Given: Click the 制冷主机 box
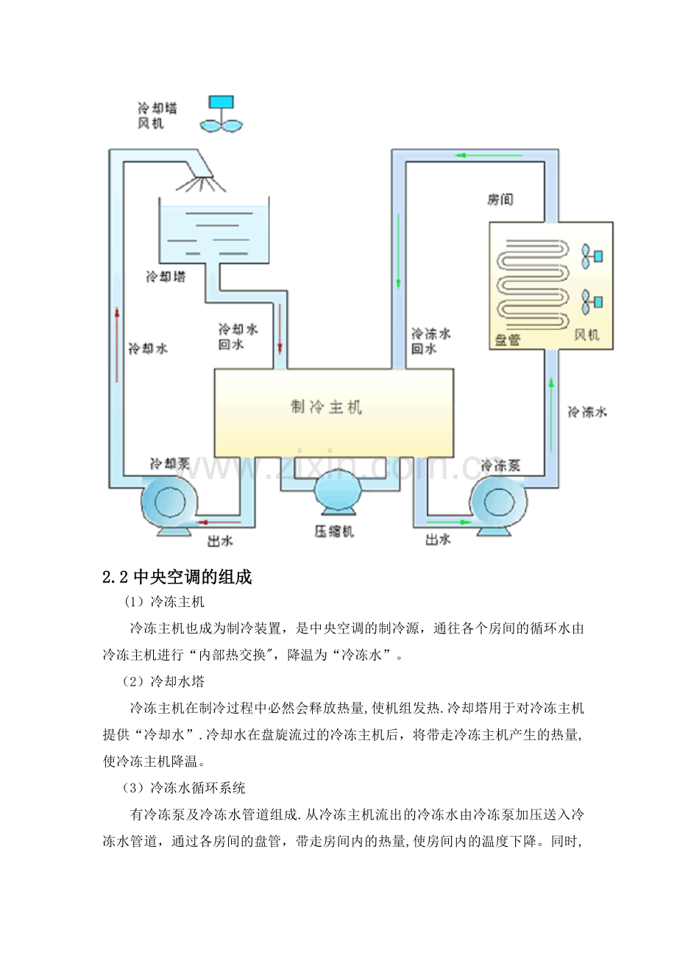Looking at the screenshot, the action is click(x=333, y=413).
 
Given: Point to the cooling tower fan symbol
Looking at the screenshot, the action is click(x=221, y=113).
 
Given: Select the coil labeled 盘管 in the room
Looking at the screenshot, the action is click(x=533, y=285).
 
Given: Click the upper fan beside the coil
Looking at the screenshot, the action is click(x=592, y=256).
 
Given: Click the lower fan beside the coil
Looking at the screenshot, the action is click(x=592, y=302).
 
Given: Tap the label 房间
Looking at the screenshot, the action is click(x=500, y=199).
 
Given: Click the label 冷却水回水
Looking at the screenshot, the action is click(x=238, y=336).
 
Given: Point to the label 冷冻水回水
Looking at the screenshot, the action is click(x=430, y=341).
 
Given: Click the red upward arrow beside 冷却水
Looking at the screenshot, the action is click(x=117, y=344).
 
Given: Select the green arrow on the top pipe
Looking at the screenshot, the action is click(x=489, y=155).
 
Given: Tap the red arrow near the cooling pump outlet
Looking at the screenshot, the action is click(x=219, y=522).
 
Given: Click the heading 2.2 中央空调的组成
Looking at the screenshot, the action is click(x=177, y=577).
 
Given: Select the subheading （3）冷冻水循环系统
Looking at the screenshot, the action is click(x=183, y=788).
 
